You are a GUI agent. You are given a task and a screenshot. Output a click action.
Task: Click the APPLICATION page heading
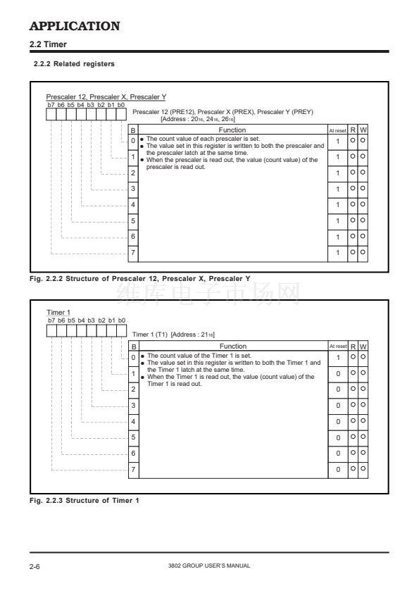coord(75,26)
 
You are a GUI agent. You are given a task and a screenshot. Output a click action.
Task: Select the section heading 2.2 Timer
coord(48,44)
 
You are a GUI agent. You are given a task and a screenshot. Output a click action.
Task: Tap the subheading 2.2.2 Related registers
coord(74,64)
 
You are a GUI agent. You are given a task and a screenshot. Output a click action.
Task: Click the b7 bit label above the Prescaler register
coord(51,105)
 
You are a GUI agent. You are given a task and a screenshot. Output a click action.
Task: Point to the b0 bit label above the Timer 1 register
coord(121,320)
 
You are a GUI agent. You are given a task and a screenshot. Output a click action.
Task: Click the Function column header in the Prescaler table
coord(232,130)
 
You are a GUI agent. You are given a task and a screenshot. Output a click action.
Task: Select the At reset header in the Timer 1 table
coord(338,346)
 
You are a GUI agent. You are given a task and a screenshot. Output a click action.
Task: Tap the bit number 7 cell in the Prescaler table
coord(133,252)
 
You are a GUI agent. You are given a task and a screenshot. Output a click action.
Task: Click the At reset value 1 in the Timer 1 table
coord(339,357)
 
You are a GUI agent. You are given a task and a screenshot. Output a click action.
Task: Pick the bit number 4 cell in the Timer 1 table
coord(133,421)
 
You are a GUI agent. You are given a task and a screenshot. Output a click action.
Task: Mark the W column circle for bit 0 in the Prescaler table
coord(363,140)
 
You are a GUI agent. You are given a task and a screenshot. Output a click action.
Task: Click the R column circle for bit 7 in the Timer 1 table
coord(353,468)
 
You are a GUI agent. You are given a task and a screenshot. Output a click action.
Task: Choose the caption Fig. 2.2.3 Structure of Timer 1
coord(85,500)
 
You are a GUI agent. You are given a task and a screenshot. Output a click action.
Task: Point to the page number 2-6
coord(35,566)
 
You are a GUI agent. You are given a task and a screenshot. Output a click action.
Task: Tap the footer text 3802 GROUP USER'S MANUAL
coord(209,566)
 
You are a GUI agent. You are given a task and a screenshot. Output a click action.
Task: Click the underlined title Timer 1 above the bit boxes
coord(58,313)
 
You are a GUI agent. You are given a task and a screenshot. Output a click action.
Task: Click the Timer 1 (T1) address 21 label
coord(193,335)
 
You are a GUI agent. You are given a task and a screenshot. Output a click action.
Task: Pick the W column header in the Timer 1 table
coord(363,347)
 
